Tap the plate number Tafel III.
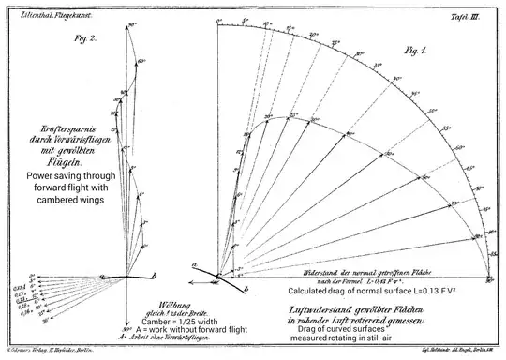[x=466, y=16]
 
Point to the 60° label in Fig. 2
[x=143, y=63]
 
